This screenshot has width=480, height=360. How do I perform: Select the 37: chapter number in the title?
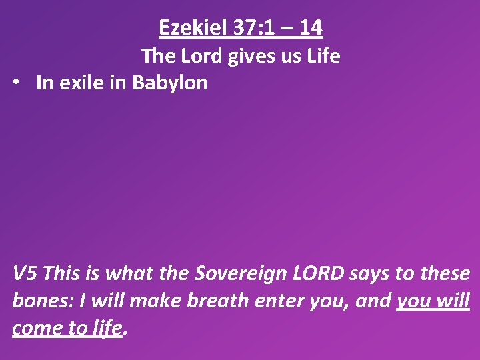tap(245, 27)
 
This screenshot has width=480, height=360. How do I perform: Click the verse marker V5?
tap(25, 273)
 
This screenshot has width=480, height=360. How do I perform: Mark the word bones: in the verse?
tap(42, 301)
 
